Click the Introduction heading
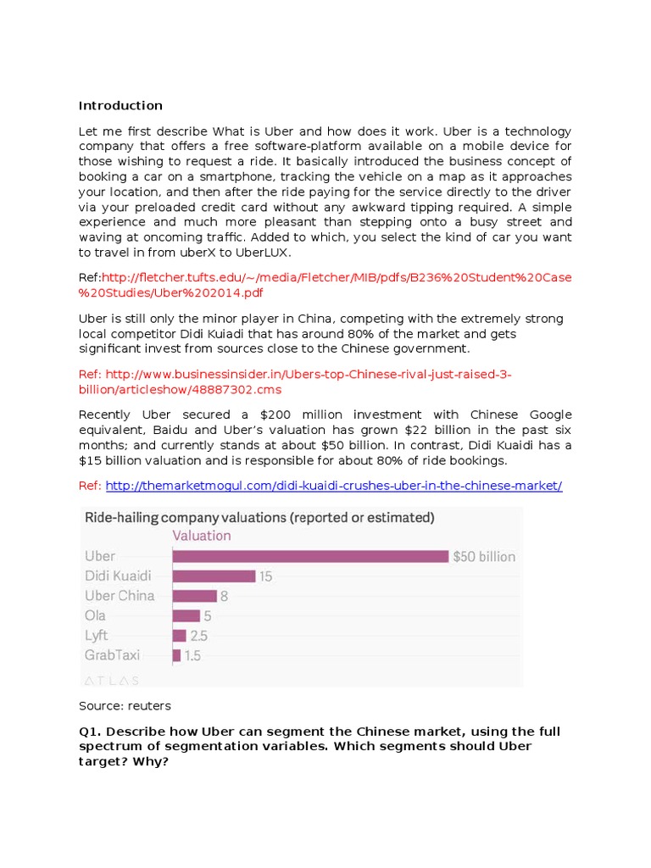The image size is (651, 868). [120, 106]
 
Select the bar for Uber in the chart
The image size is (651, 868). [310, 556]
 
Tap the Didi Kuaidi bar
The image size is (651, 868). [214, 576]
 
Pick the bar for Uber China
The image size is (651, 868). [194, 596]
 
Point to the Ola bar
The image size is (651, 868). [186, 615]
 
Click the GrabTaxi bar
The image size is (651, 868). [176, 655]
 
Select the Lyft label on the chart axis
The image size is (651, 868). [96, 636]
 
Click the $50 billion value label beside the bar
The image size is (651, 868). [484, 557]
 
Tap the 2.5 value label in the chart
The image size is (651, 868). [199, 636]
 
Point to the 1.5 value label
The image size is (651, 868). [192, 655]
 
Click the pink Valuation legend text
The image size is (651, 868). [202, 536]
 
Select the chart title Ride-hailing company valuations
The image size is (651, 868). [259, 516]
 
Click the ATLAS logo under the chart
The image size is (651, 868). [112, 680]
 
